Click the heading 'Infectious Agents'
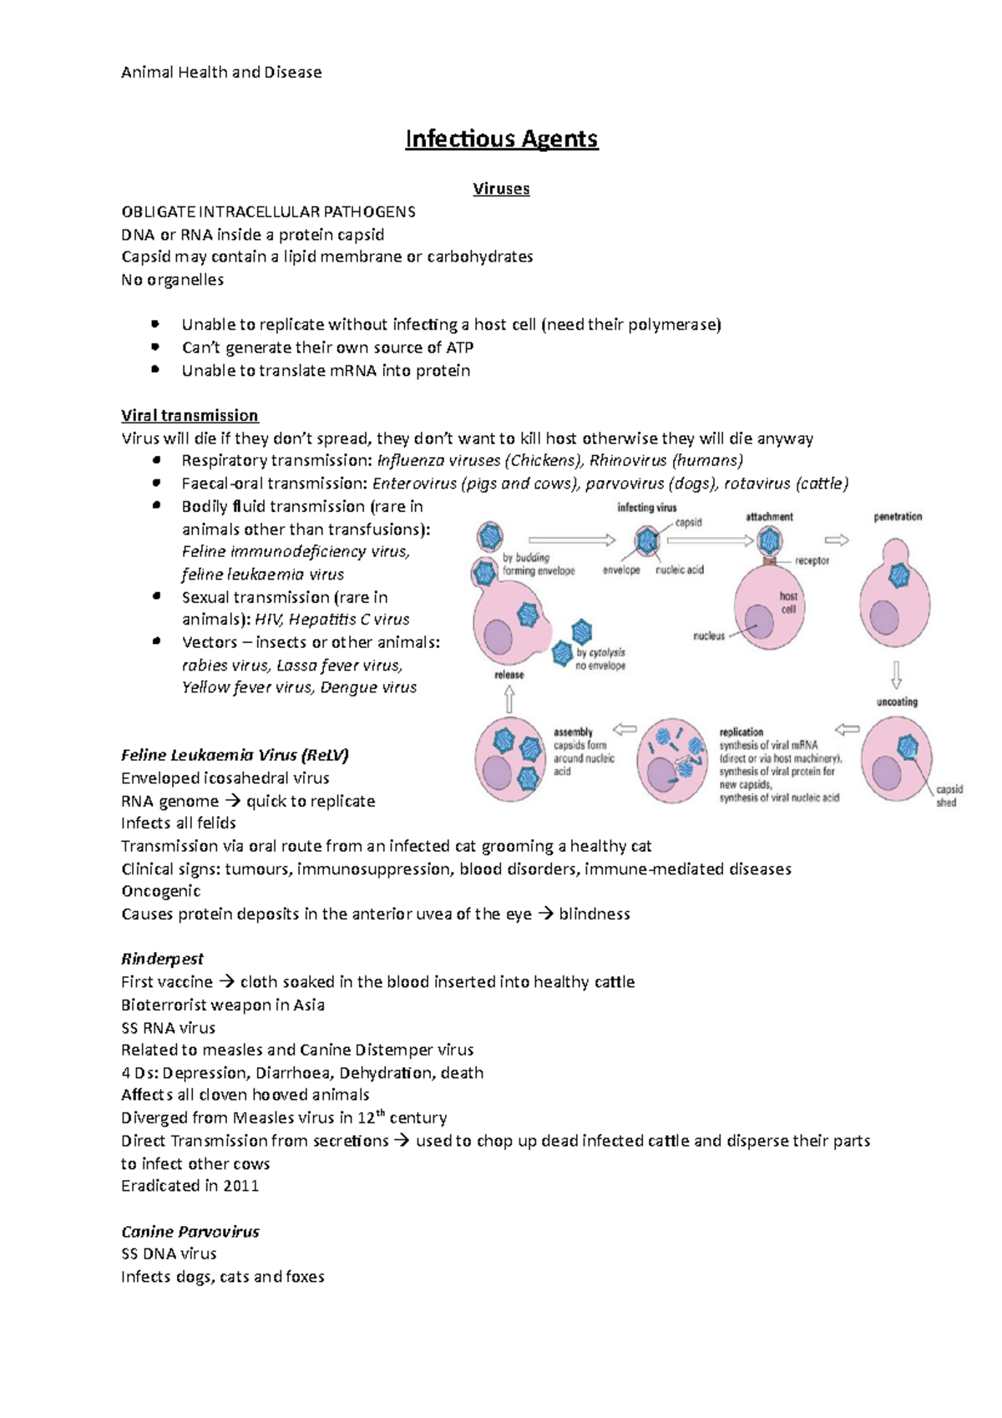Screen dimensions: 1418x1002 click(501, 139)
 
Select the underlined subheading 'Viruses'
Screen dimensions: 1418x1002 click(501, 189)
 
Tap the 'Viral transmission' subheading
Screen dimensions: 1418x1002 click(190, 415)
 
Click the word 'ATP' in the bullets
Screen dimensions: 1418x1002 click(459, 347)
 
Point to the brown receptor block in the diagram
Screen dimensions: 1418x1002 click(769, 561)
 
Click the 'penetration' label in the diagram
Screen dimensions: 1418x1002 click(898, 517)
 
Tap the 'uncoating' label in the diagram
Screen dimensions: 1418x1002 click(897, 702)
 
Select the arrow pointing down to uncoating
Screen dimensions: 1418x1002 click(896, 674)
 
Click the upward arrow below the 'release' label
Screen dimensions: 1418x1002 click(509, 699)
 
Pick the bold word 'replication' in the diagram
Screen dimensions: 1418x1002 click(741, 732)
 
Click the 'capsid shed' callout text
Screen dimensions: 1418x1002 click(949, 796)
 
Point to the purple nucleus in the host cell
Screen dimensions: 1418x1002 click(759, 622)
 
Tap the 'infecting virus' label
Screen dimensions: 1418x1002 click(646, 507)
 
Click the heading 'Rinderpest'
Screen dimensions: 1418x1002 click(162, 959)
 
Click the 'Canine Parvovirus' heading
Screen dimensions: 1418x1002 click(190, 1232)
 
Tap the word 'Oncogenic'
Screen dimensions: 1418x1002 click(160, 891)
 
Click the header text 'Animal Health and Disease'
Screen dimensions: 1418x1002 click(221, 73)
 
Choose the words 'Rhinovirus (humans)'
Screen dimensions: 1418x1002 click(665, 460)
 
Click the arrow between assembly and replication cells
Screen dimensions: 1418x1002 click(625, 729)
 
